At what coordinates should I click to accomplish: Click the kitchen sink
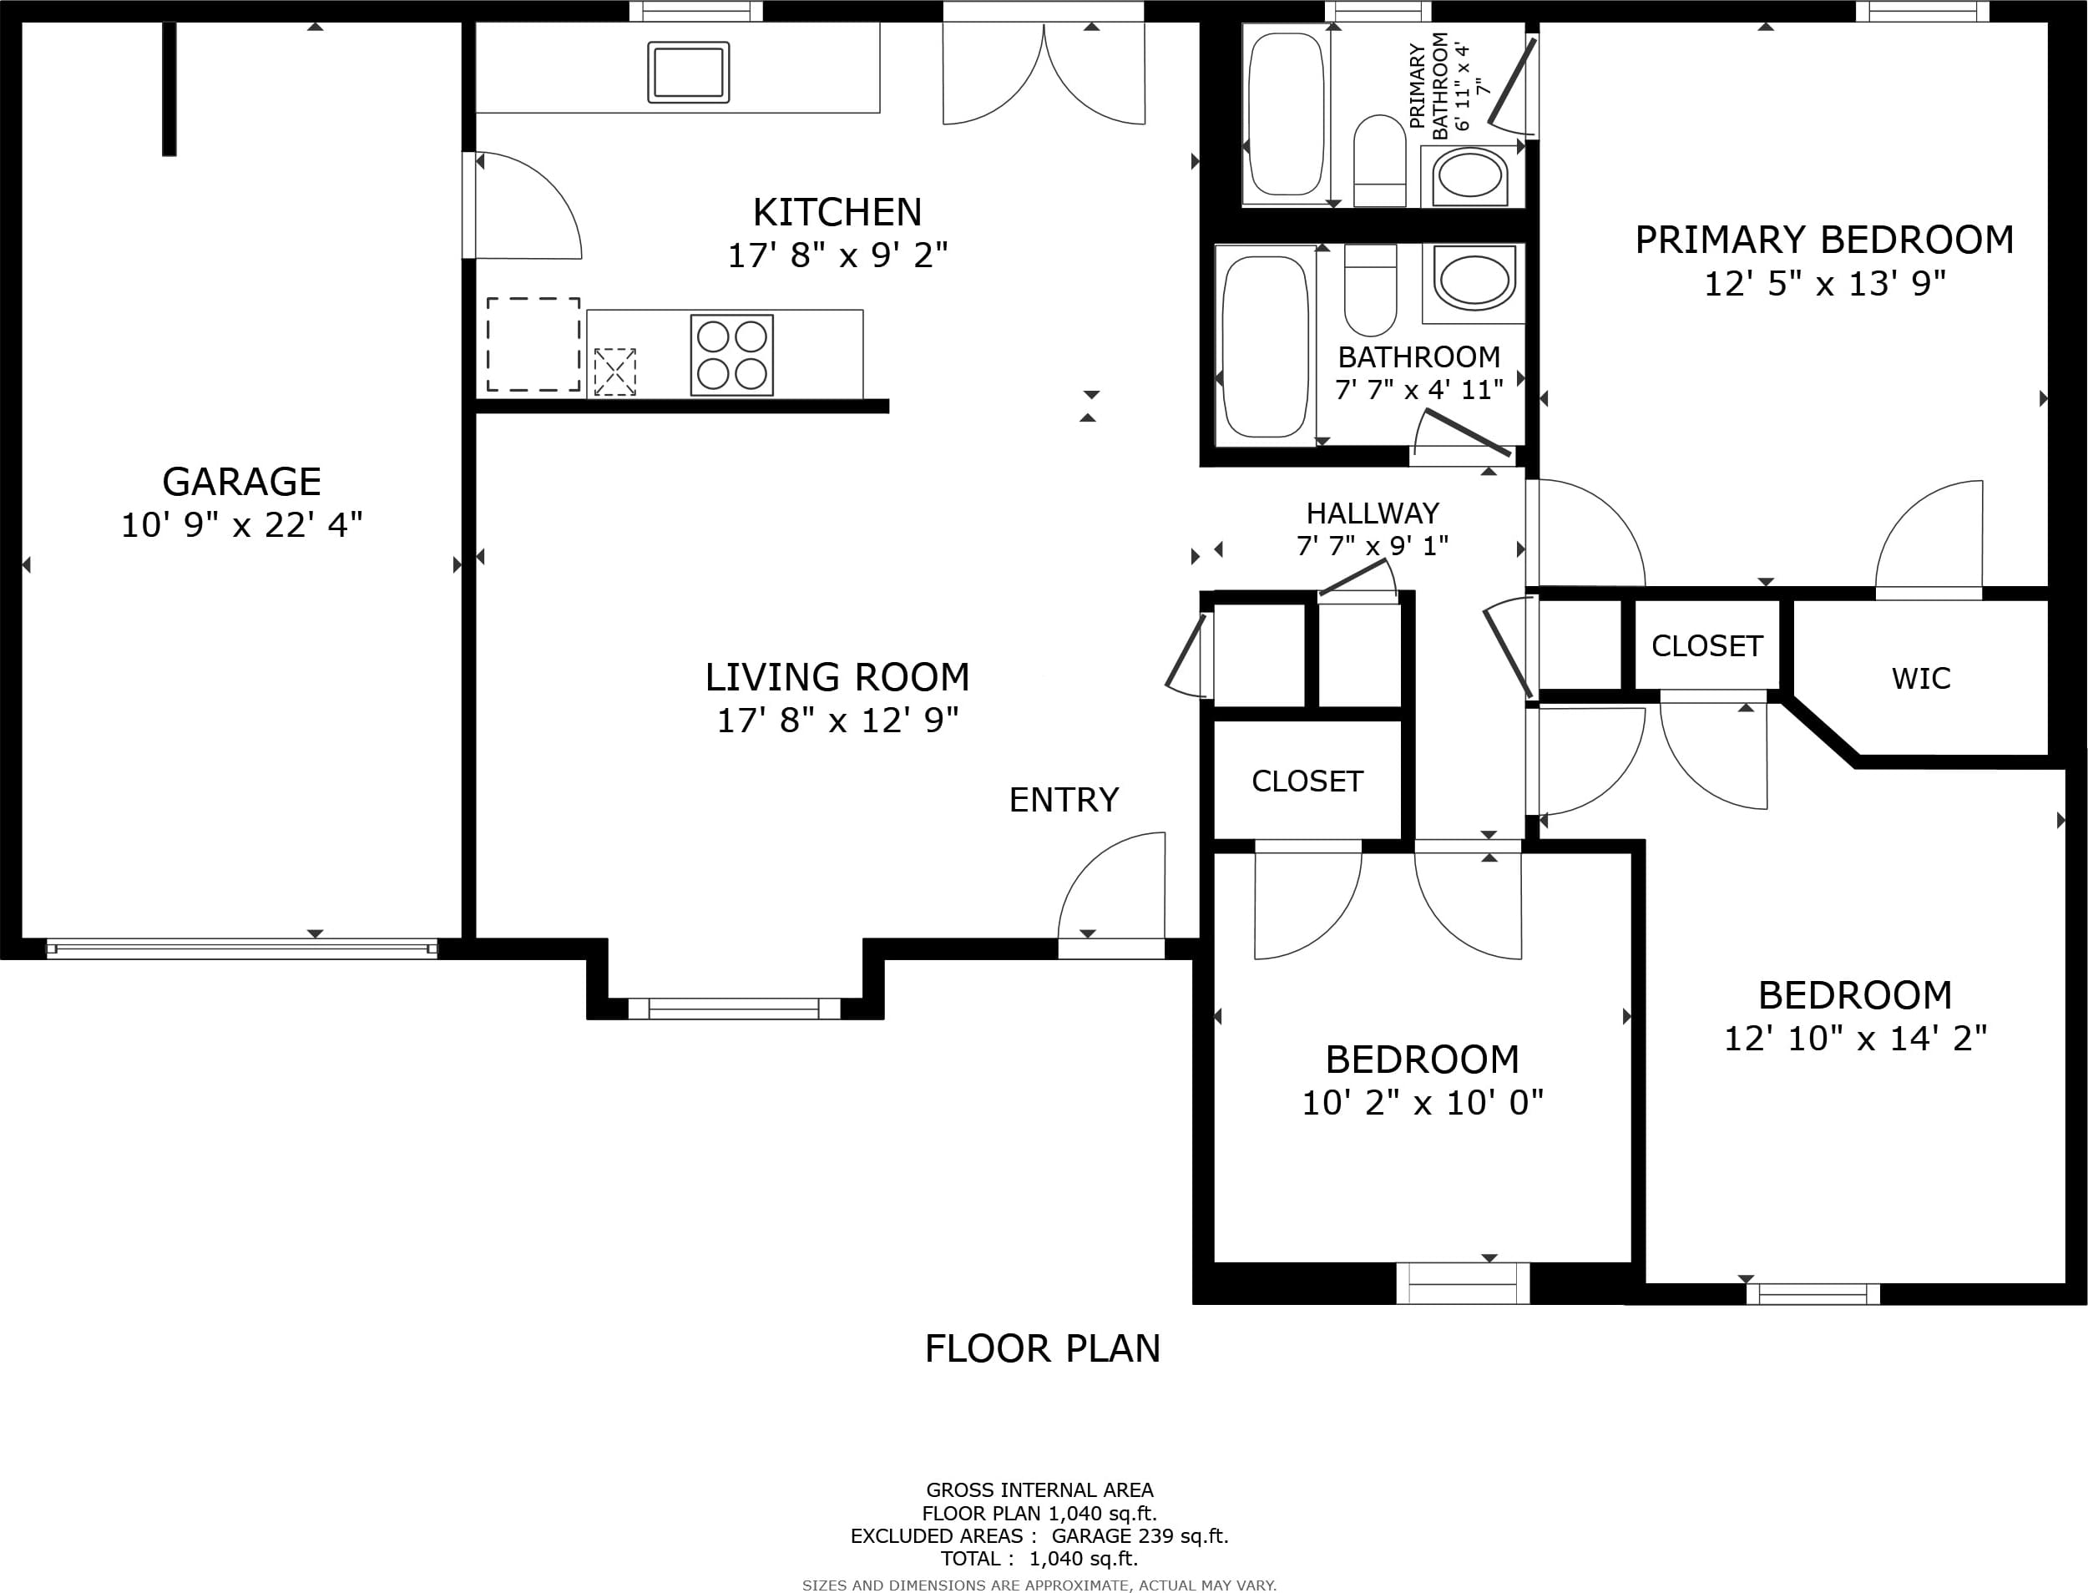coord(689,72)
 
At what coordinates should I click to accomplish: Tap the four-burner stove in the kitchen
coord(732,355)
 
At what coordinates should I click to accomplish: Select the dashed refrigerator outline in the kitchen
coord(533,344)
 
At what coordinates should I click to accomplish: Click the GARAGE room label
coord(242,482)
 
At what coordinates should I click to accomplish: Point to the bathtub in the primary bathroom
coord(1286,114)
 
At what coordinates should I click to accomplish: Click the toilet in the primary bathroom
coord(1380,160)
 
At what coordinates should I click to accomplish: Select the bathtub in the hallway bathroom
coord(1266,345)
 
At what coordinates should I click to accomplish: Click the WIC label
coord(1921,679)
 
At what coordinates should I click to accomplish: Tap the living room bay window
coord(735,1009)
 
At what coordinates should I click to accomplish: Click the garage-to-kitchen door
coord(523,205)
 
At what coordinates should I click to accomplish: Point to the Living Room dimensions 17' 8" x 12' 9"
coord(837,721)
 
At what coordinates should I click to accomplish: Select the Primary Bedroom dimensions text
coord(1825,284)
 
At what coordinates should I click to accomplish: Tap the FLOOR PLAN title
coord(1043,1348)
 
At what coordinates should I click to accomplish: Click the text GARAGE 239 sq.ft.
coord(1140,1536)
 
